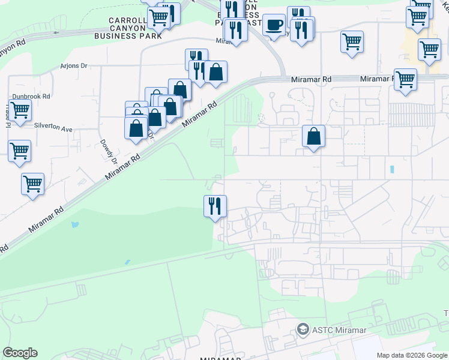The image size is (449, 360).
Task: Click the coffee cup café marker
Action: pyautogui.click(x=274, y=25)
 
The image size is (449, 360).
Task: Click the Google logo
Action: pyautogui.click(x=20, y=353)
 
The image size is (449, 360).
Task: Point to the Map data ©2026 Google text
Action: pyautogui.click(x=411, y=355)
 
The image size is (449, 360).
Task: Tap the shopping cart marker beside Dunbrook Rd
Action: pyautogui.click(x=20, y=111)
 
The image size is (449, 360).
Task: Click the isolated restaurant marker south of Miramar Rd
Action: pyautogui.click(x=215, y=206)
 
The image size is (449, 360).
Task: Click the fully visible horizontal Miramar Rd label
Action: pyautogui.click(x=311, y=79)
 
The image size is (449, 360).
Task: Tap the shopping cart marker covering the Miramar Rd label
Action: pyautogui.click(x=406, y=79)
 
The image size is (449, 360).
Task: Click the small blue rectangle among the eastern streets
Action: pyautogui.click(x=392, y=170)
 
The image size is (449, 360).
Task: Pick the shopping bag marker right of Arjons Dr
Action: pyautogui.click(x=216, y=72)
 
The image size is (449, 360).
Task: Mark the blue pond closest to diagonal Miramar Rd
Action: pyautogui.click(x=74, y=225)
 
